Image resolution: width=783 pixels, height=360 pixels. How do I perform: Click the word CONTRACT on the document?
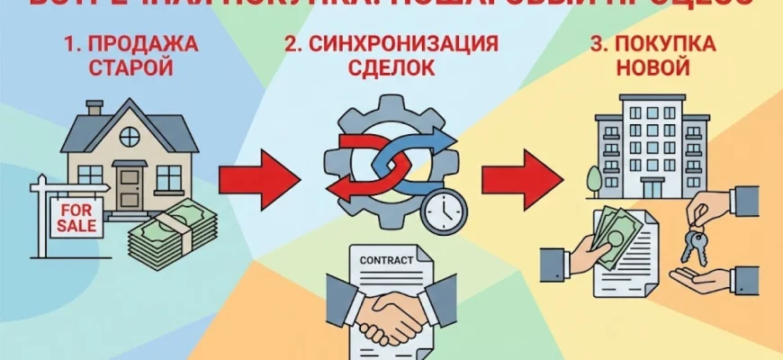pos(386,260)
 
